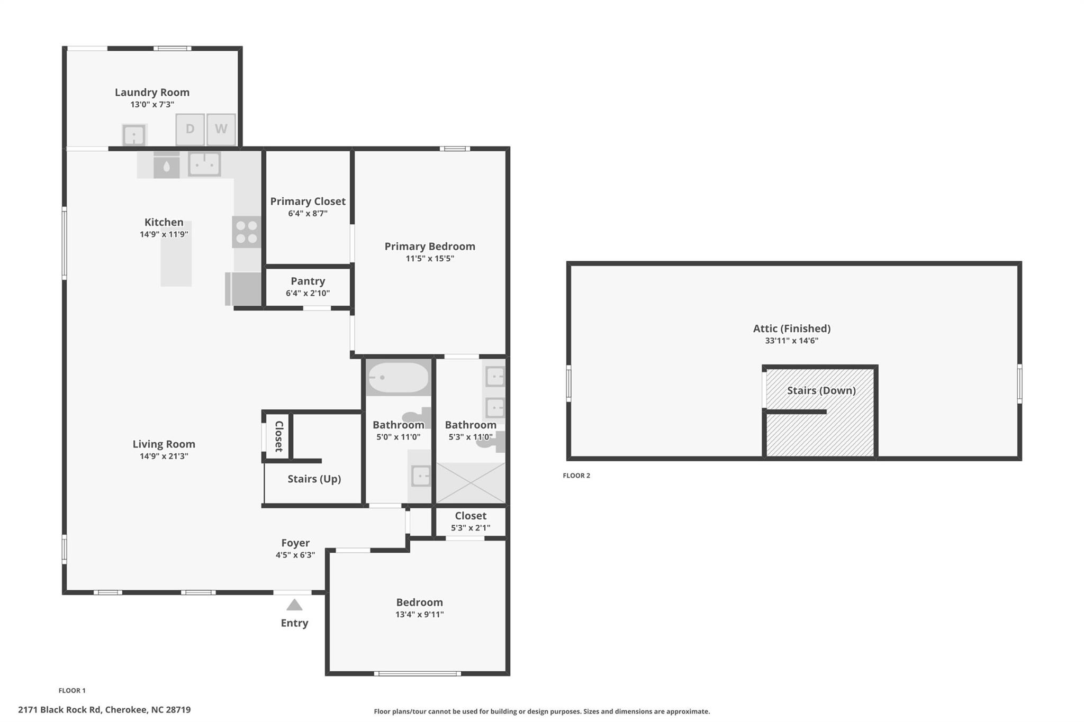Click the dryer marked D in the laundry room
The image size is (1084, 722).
(190, 129)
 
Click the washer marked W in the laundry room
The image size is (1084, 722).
(221, 129)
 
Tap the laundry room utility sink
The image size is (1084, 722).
(134, 135)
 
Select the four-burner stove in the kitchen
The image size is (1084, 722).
(247, 232)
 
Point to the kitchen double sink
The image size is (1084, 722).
(204, 164)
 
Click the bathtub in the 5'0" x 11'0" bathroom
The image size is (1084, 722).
(398, 378)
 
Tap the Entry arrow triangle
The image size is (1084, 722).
(294, 605)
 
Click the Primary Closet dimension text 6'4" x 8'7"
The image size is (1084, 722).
(308, 214)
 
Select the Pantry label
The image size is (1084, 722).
(308, 281)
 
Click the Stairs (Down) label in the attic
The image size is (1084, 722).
(821, 390)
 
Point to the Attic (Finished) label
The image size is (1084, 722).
(791, 328)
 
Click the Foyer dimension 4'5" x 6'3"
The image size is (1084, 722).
(295, 555)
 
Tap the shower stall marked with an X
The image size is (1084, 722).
(470, 483)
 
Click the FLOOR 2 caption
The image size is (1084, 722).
(576, 476)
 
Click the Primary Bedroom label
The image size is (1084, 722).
(429, 246)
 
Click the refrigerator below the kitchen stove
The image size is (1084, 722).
(243, 289)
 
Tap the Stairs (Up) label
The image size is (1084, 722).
(314, 479)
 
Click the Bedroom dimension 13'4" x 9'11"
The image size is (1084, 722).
(419, 615)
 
